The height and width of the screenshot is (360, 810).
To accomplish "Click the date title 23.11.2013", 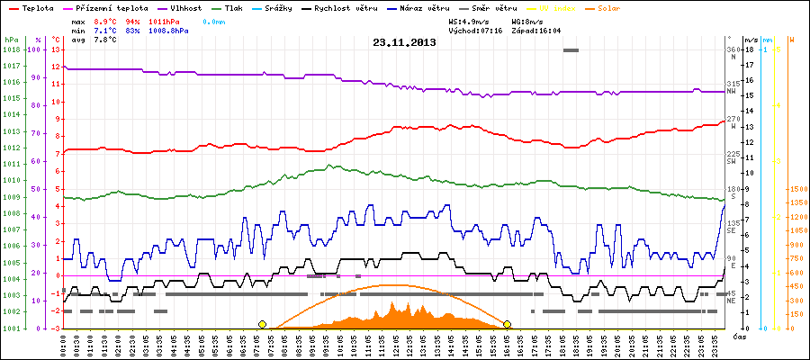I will pyautogui.click(x=405, y=42).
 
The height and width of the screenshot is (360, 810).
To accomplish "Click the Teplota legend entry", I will pyautogui.click(x=32, y=7).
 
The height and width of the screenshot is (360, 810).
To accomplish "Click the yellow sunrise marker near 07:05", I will pyautogui.click(x=262, y=324).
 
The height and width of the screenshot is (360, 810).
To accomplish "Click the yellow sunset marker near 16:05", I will pyautogui.click(x=508, y=324).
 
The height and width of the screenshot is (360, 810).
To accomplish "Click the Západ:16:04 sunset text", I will pyautogui.click(x=535, y=31).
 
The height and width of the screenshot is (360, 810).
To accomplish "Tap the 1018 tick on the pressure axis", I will pyautogui.click(x=11, y=49).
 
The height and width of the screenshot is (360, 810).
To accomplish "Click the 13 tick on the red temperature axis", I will pyautogui.click(x=55, y=49).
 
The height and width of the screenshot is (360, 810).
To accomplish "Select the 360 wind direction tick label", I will pyautogui.click(x=732, y=49).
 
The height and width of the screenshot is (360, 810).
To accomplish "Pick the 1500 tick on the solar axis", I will pyautogui.click(x=796, y=190).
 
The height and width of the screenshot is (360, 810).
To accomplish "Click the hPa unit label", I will pyautogui.click(x=11, y=40).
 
